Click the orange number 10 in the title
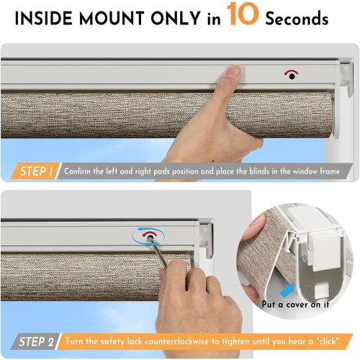click(x=244, y=16)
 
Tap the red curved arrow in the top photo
click(x=291, y=72)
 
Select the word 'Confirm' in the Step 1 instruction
click(x=80, y=171)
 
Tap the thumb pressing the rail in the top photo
click(x=231, y=72)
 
